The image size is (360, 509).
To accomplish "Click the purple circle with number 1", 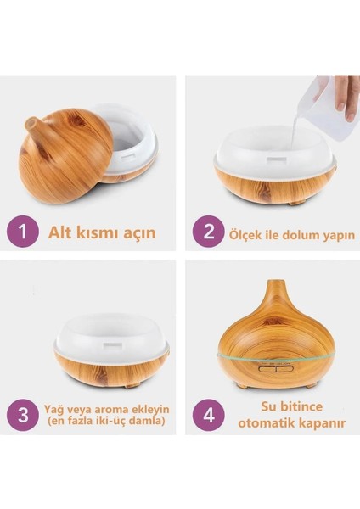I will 22,232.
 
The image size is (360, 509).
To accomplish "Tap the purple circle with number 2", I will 207,232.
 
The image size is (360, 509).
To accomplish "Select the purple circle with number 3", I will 22,414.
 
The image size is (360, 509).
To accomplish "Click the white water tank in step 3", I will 110,335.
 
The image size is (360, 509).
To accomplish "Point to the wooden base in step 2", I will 272,183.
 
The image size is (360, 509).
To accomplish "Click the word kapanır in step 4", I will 320,423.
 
